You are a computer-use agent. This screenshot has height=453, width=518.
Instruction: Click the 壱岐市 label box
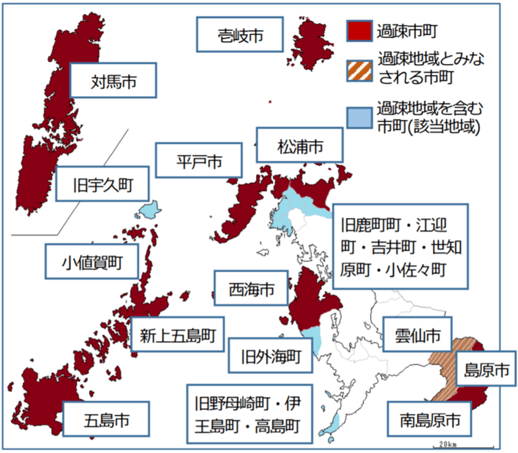pyautogui.click(x=241, y=34)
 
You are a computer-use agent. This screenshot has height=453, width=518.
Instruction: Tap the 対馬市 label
pyautogui.click(x=114, y=82)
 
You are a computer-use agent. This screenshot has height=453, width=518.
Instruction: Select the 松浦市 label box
pyautogui.click(x=300, y=145)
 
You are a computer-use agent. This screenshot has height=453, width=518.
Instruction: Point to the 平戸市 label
pyautogui.click(x=199, y=161)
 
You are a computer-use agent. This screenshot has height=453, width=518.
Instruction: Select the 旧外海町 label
pyautogui.click(x=270, y=356)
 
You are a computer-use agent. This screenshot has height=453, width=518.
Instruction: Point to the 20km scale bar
pyautogui.click(x=457, y=446)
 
